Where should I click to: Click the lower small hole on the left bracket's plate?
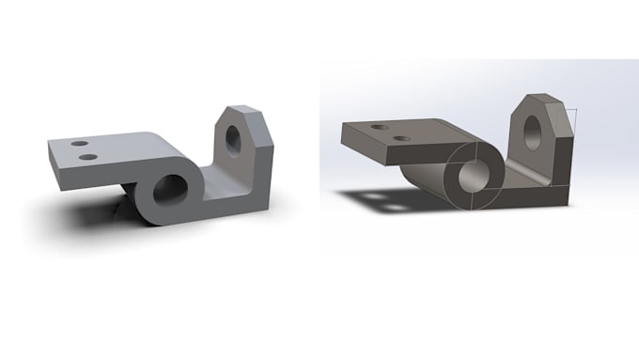tap(88, 156)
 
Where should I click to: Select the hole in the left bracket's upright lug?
tap(233, 137)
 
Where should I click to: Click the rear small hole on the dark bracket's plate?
tap(380, 126)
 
